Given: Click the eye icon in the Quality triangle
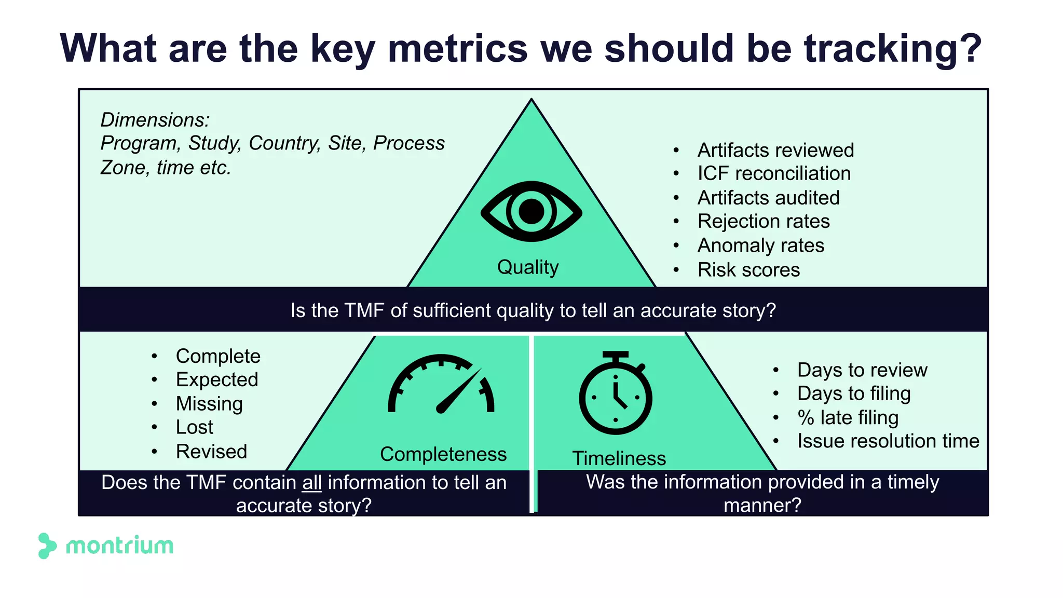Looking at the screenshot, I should click(x=531, y=211).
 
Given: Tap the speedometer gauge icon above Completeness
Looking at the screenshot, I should click(x=441, y=385).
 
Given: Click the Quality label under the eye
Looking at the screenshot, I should click(x=528, y=267).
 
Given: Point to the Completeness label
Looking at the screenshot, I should click(x=443, y=454).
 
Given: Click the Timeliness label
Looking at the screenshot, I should click(x=619, y=458).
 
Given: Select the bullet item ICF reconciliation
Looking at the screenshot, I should click(x=774, y=173).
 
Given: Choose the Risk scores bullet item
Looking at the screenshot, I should click(x=748, y=270).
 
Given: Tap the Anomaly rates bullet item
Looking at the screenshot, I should click(x=760, y=246).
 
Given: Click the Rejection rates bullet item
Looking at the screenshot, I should click(x=764, y=222).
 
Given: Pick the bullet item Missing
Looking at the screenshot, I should click(x=209, y=404).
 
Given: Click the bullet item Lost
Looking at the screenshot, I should click(x=195, y=427).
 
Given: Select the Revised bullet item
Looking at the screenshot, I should click(x=211, y=452).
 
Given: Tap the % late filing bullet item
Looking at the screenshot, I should click(x=848, y=417).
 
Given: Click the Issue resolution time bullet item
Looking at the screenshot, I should click(x=888, y=441).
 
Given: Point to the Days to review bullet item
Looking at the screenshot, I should click(x=862, y=370).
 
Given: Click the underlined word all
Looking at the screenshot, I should click(x=312, y=483).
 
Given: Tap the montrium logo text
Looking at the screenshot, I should click(x=120, y=546).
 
